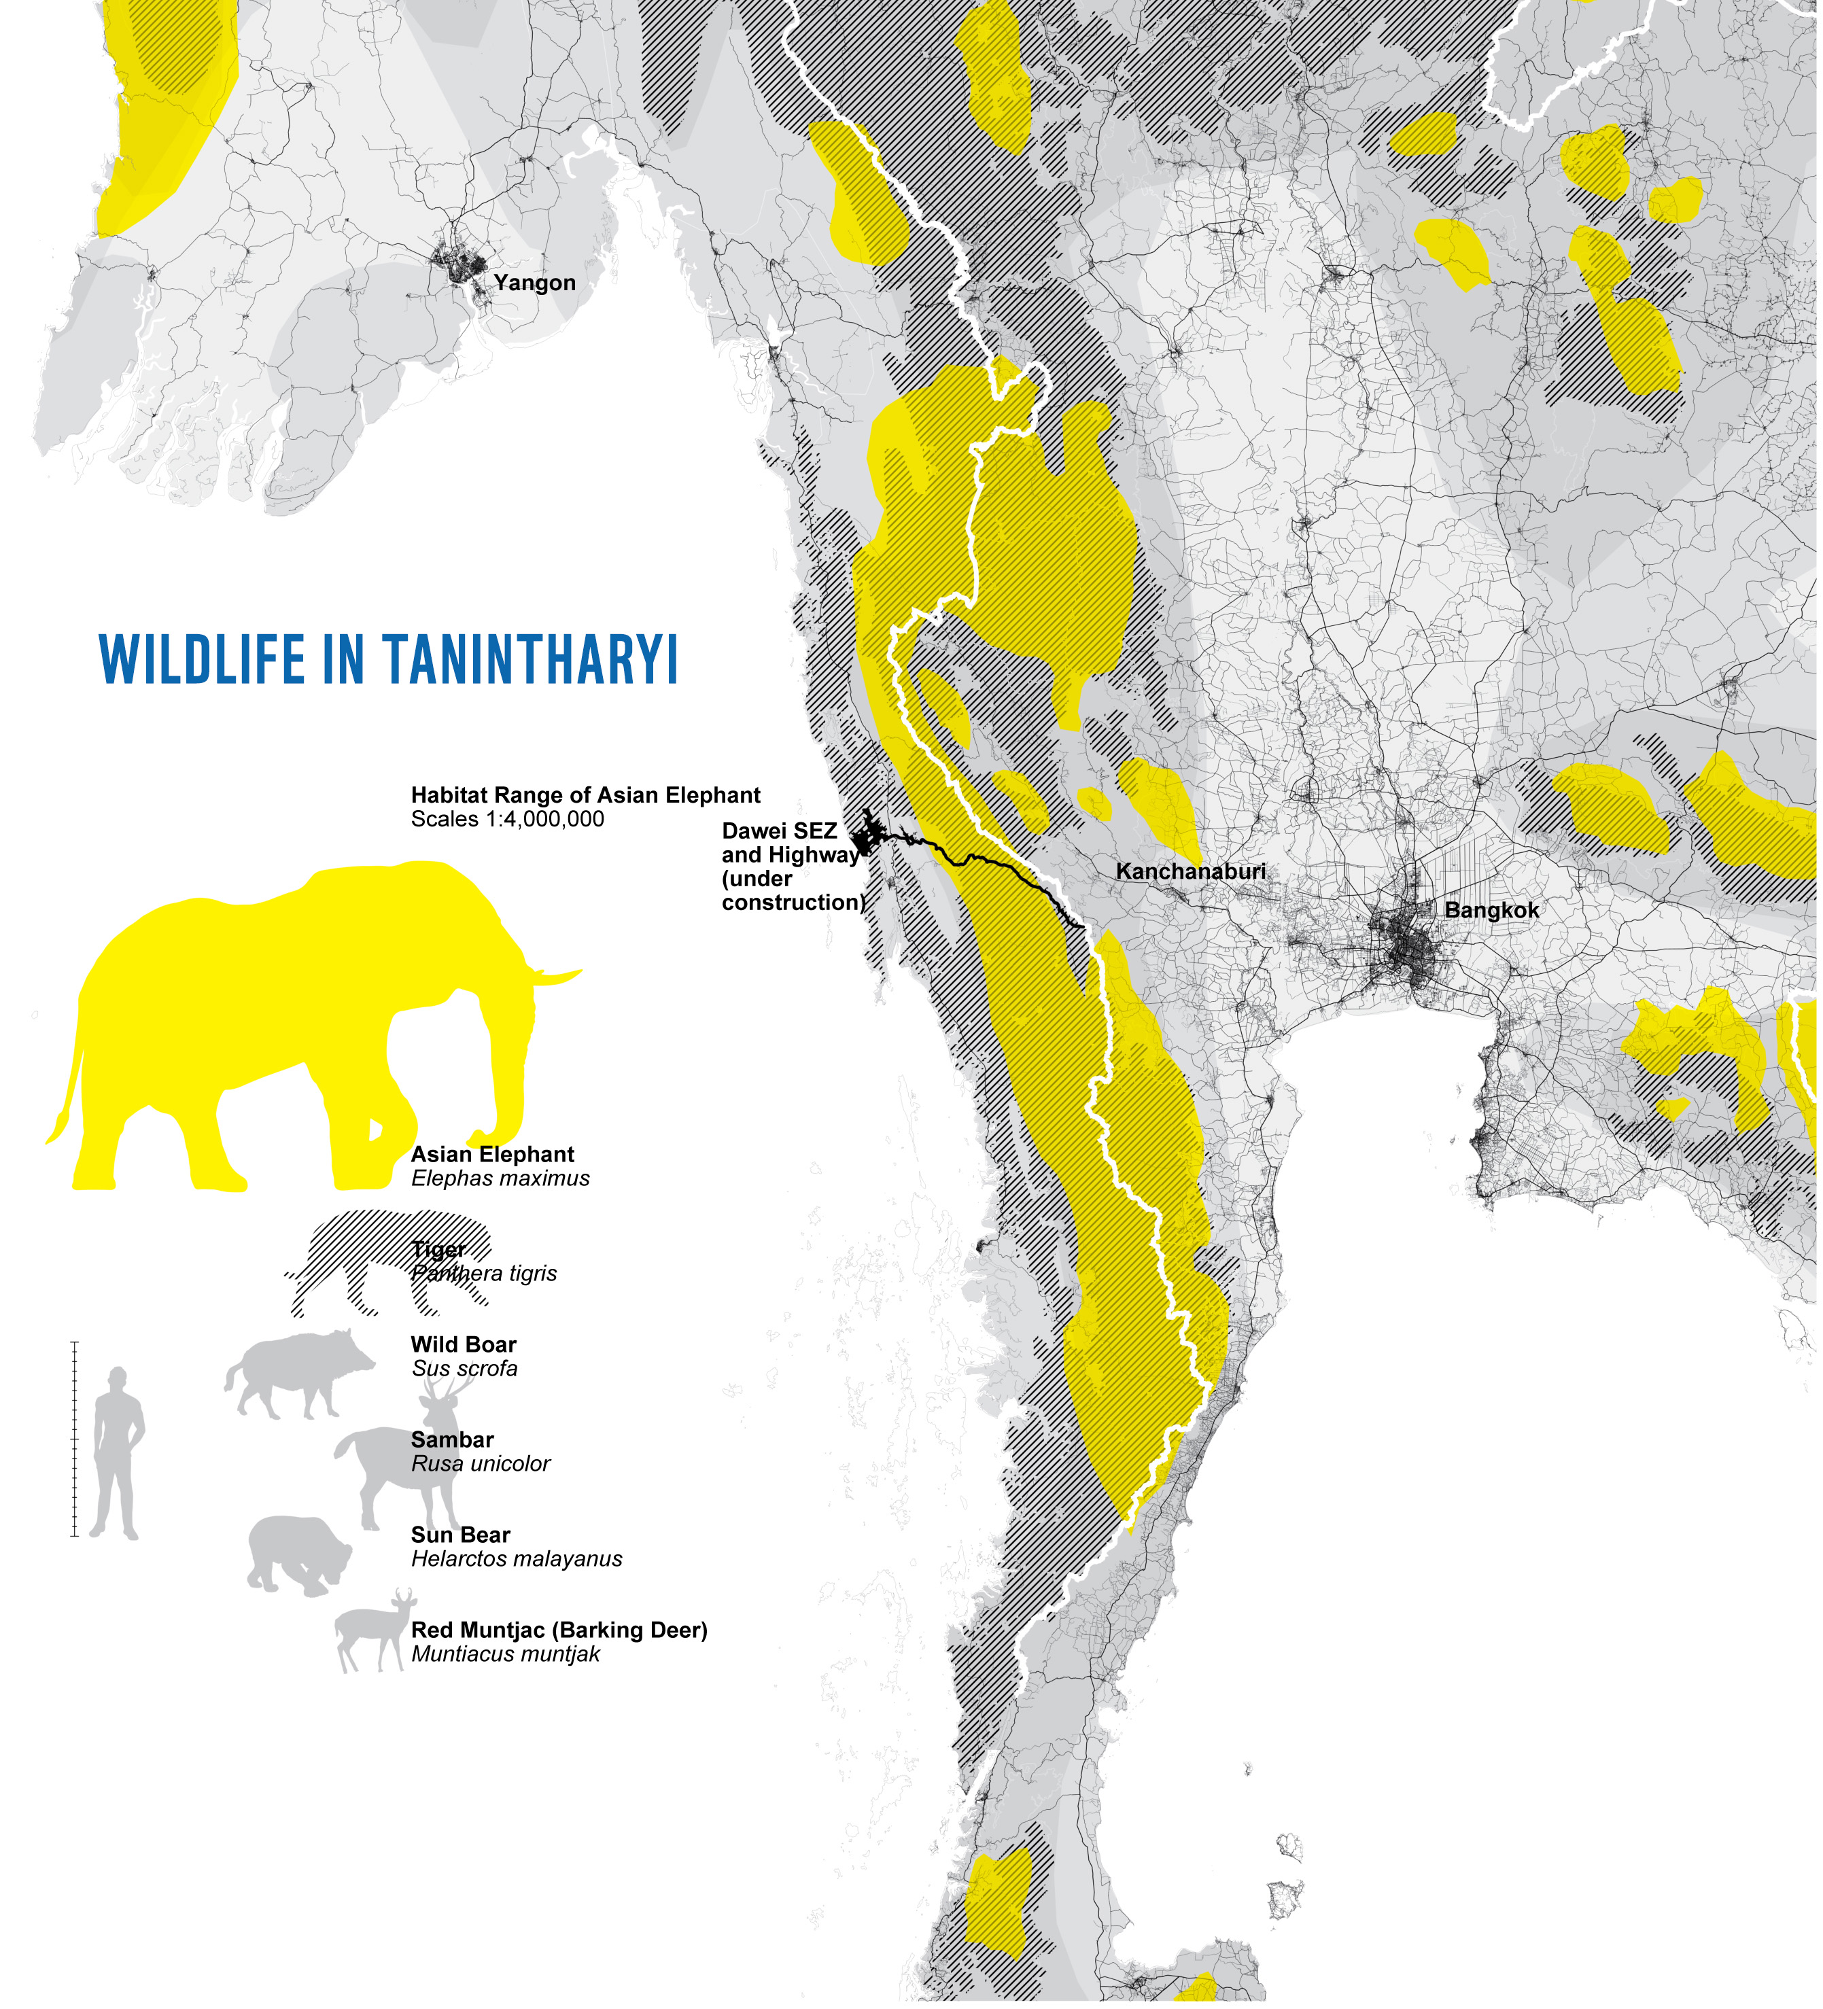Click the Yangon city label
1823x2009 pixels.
tap(534, 283)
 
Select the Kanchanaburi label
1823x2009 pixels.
tap(1190, 871)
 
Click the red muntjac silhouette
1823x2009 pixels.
tap(369, 1635)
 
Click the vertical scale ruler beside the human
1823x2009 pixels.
tap(75, 1440)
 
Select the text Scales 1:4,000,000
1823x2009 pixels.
tap(507, 819)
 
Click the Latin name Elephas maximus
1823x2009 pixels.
tap(500, 1178)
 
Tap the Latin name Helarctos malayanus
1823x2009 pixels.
tap(517, 1558)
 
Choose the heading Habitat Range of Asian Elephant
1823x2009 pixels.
tap(585, 795)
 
